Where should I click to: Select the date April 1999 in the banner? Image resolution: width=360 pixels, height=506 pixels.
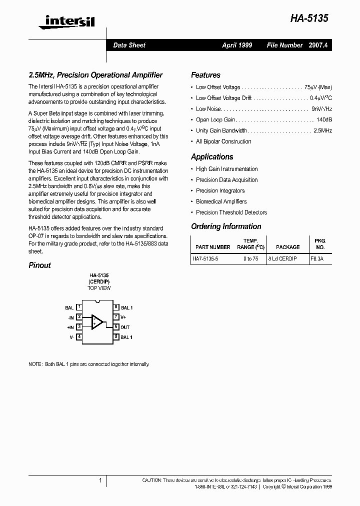pyautogui.click(x=237, y=45)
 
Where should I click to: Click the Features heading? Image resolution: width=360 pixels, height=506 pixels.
pyautogui.click(x=205, y=75)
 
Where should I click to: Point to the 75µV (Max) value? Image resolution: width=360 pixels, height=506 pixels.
pyautogui.click(x=318, y=87)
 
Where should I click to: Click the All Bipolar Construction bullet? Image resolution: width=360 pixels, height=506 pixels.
pyautogui.click(x=223, y=141)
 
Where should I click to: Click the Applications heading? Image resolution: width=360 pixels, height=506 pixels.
pyautogui.click(x=212, y=156)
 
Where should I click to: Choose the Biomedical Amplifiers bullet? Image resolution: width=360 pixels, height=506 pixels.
pyautogui.click(x=221, y=201)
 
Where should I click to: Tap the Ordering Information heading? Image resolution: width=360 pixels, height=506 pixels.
pyautogui.click(x=226, y=226)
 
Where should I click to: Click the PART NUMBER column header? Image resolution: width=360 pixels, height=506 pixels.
pyautogui.click(x=213, y=247)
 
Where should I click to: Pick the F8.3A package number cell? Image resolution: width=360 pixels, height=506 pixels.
pyautogui.click(x=316, y=259)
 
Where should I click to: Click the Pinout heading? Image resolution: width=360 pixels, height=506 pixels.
pyautogui.click(x=39, y=265)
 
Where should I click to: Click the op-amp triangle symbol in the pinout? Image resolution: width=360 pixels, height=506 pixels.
pyautogui.click(x=97, y=322)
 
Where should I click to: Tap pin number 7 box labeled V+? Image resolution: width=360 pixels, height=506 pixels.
pyautogui.click(x=116, y=317)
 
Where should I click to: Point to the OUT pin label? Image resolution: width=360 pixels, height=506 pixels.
pyautogui.click(x=125, y=327)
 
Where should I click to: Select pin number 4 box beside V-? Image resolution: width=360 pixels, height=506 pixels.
pyautogui.click(x=79, y=337)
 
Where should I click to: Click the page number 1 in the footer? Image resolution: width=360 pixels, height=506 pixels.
pyautogui.click(x=100, y=480)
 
